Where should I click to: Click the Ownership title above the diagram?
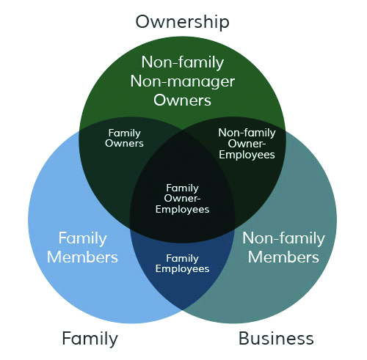coord(182,22)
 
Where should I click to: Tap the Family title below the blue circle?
coord(90,339)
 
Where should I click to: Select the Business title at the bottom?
coord(276,338)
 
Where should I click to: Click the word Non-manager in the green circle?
coord(183,82)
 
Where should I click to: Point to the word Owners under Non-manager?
coord(182,100)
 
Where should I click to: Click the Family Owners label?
coord(124,139)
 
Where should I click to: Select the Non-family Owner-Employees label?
coord(247,144)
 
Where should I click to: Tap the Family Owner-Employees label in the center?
coord(182,199)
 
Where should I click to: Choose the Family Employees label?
coord(182,264)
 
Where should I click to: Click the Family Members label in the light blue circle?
coord(82,248)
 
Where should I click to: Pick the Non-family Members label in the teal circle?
coord(284,248)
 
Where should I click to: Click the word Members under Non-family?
coord(283,257)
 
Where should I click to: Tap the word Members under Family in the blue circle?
coord(82,257)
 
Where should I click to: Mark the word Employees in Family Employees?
coord(182,269)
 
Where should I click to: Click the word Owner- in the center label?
coord(182,198)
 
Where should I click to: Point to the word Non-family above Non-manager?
coord(183,63)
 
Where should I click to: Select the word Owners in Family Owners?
coord(124,144)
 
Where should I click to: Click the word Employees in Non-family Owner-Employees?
coord(247,155)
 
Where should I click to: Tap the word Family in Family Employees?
coord(182,259)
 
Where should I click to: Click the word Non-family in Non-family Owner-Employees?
coord(247,133)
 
